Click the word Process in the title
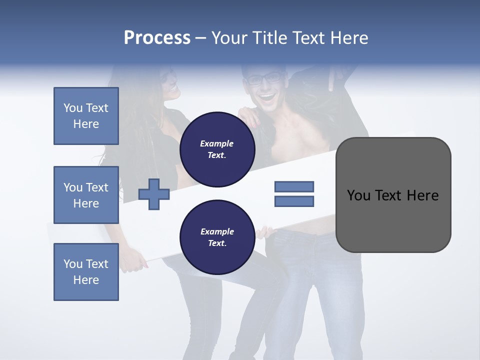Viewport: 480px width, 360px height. [x=157, y=38]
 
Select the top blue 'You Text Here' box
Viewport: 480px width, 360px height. [x=86, y=116]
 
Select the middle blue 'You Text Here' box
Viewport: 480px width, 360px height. [x=86, y=195]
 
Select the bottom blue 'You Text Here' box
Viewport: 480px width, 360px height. [x=86, y=272]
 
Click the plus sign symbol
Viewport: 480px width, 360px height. [x=154, y=194]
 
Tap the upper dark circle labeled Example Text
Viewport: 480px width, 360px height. [x=217, y=149]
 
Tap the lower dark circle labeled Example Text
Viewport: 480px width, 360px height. [x=217, y=237]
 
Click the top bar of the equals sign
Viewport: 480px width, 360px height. [x=294, y=186]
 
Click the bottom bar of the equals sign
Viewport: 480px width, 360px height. [x=294, y=201]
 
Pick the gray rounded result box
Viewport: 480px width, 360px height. [x=393, y=195]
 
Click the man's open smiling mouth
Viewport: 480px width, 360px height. [x=266, y=96]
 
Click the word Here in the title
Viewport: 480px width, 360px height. [x=346, y=38]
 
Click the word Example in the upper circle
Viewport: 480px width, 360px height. [x=217, y=144]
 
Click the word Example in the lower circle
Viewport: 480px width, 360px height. [x=217, y=232]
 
